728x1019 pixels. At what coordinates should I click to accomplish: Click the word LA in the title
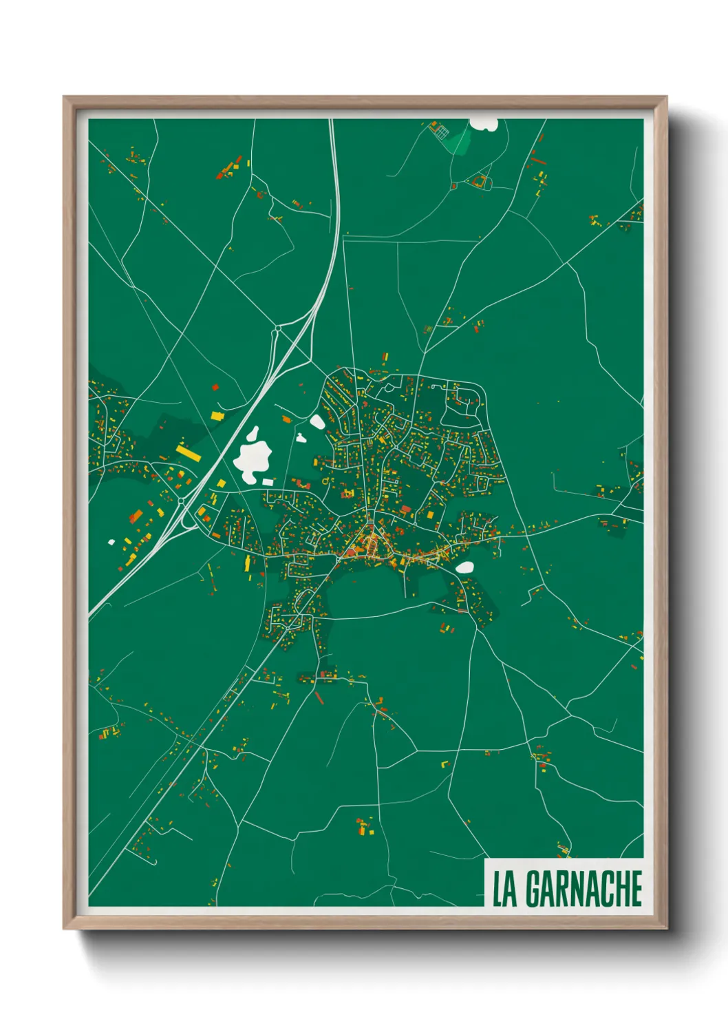[x=504, y=889]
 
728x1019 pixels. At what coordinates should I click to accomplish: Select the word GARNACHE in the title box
[x=584, y=889]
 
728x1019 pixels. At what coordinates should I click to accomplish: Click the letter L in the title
[x=497, y=889]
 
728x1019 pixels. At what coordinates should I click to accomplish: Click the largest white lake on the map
[x=253, y=455]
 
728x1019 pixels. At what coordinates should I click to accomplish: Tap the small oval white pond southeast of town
[x=465, y=567]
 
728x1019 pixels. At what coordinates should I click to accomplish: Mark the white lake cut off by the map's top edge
[x=484, y=124]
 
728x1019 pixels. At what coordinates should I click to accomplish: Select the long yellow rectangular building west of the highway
[x=188, y=452]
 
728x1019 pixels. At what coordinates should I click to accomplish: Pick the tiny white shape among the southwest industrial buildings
[x=111, y=542]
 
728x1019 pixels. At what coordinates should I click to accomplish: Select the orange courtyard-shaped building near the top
[x=480, y=182]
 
